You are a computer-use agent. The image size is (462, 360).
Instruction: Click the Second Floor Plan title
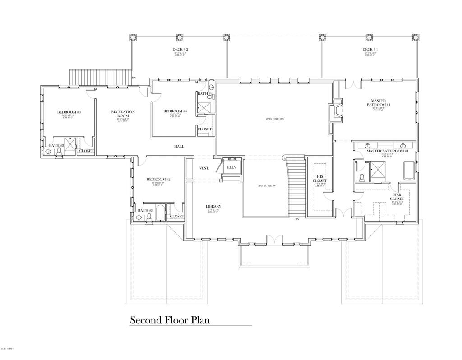pos(170,320)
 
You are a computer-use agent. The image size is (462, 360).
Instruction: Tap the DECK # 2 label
pos(180,49)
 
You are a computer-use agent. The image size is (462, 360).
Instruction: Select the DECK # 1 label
pos(370,49)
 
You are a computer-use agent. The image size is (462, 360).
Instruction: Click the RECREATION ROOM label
pos(123,114)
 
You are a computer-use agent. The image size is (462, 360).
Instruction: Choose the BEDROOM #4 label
pos(175,111)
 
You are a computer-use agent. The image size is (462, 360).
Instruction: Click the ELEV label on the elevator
pos(231,167)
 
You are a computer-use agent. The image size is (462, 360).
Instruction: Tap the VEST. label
pos(204,168)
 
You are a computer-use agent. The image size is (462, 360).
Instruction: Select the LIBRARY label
pos(213,206)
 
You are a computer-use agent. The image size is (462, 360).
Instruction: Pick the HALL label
pos(179,146)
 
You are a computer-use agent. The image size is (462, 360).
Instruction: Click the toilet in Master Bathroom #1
pos(362,177)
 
